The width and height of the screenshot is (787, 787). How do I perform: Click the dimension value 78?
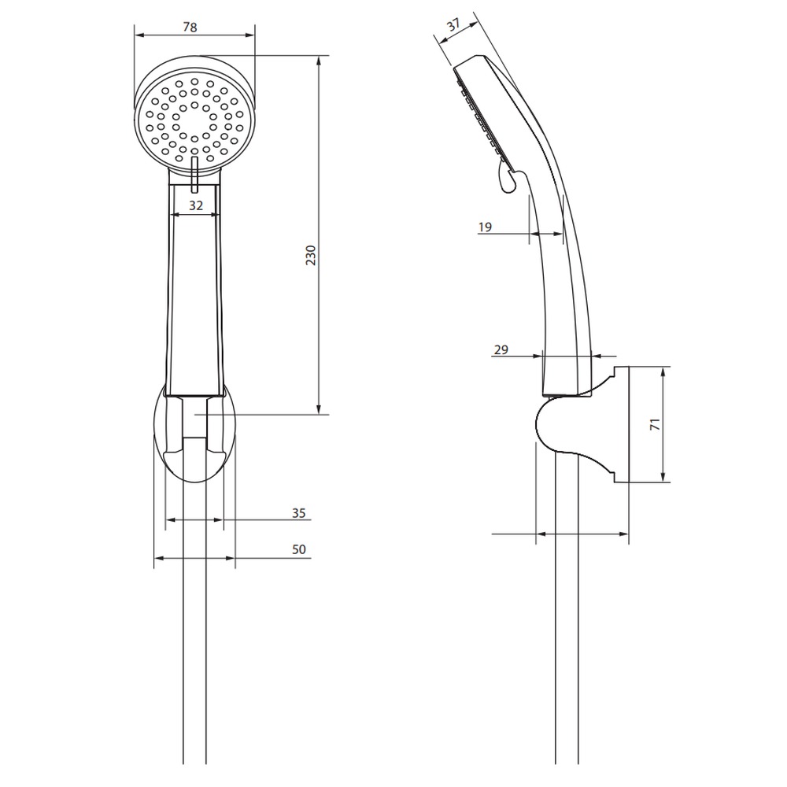coord(190,27)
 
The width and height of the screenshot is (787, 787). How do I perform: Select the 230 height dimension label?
coord(311,256)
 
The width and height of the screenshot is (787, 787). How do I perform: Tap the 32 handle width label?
coord(196,205)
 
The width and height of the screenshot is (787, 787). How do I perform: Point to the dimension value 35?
coord(298,513)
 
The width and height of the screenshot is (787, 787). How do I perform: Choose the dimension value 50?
coord(298,549)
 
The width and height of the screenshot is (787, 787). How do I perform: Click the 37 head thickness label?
coord(453,25)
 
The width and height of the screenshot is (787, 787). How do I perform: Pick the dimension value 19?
coord(485,227)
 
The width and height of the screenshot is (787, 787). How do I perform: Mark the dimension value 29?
coord(501,350)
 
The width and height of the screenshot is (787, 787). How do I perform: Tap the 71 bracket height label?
coord(655,424)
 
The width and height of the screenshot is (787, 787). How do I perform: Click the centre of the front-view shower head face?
coord(194,121)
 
